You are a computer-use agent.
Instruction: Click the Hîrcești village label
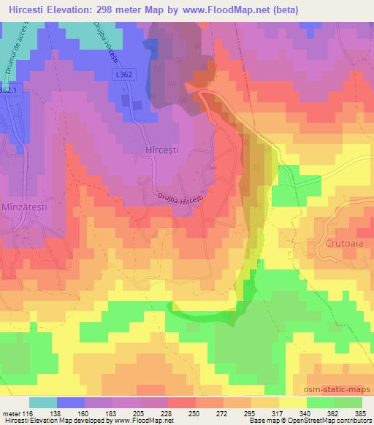coord(159,149)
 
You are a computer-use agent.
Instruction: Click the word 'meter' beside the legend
coord(12,413)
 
